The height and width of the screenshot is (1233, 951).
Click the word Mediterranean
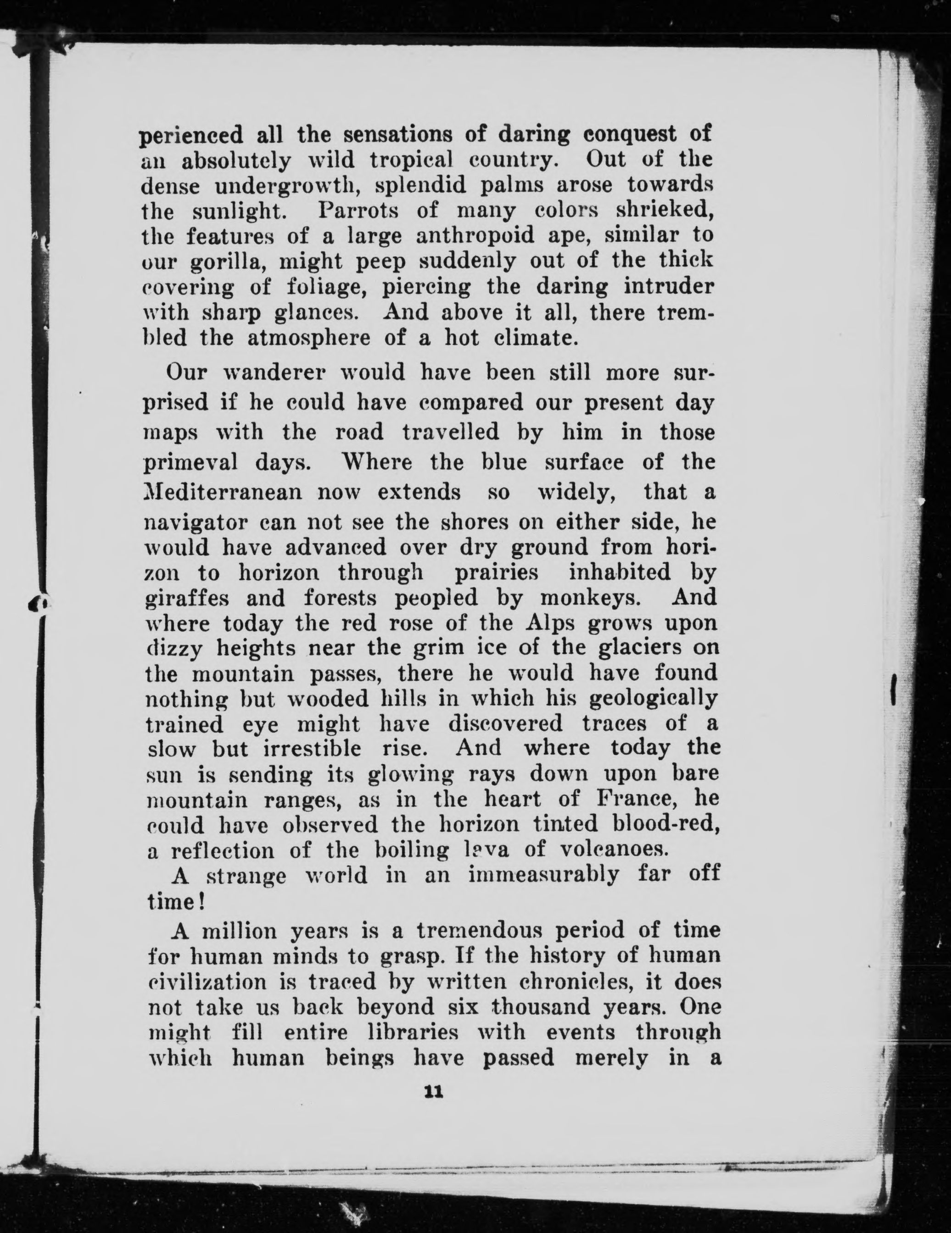(223, 492)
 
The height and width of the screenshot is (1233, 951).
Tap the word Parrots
(358, 211)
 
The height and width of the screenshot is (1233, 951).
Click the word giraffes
(186, 598)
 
